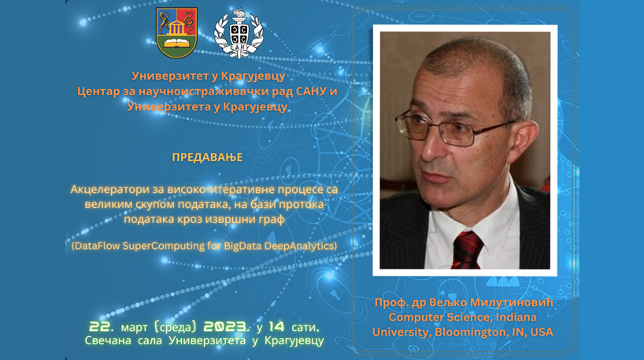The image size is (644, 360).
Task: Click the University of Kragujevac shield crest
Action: [176, 33]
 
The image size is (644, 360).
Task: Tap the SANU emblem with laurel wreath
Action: [239, 33]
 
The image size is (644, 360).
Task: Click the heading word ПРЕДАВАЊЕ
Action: [207, 158]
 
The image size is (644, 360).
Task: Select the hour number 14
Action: [277, 327]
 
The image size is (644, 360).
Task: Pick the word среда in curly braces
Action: [176, 327]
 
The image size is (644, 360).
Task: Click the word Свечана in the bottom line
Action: [108, 340]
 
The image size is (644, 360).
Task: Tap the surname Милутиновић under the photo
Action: [512, 302]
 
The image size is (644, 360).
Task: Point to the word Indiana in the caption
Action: [516, 317]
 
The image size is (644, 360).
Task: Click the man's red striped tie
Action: [468, 250]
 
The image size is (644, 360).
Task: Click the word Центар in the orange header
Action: [98, 91]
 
